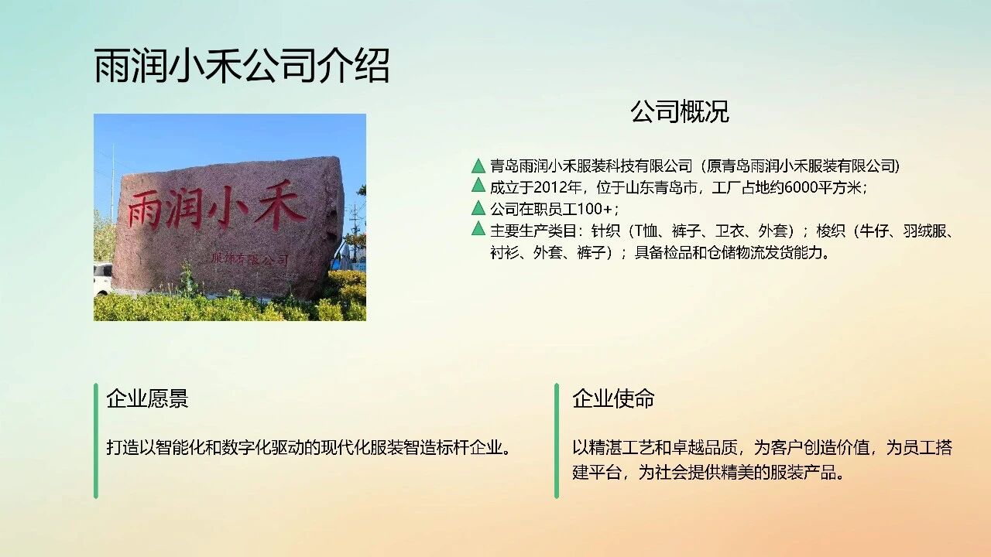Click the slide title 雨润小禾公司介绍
click(x=242, y=66)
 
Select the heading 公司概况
click(x=680, y=112)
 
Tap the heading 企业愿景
click(x=147, y=398)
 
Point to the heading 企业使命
click(x=613, y=398)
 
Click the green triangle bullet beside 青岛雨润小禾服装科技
click(x=478, y=166)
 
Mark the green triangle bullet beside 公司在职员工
click(x=478, y=207)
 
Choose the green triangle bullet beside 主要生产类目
click(x=478, y=228)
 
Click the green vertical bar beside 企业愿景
click(x=96, y=441)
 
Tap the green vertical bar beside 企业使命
click(x=557, y=441)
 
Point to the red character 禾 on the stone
click(x=280, y=205)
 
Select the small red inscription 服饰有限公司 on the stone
click(x=250, y=259)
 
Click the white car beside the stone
click(x=103, y=278)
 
